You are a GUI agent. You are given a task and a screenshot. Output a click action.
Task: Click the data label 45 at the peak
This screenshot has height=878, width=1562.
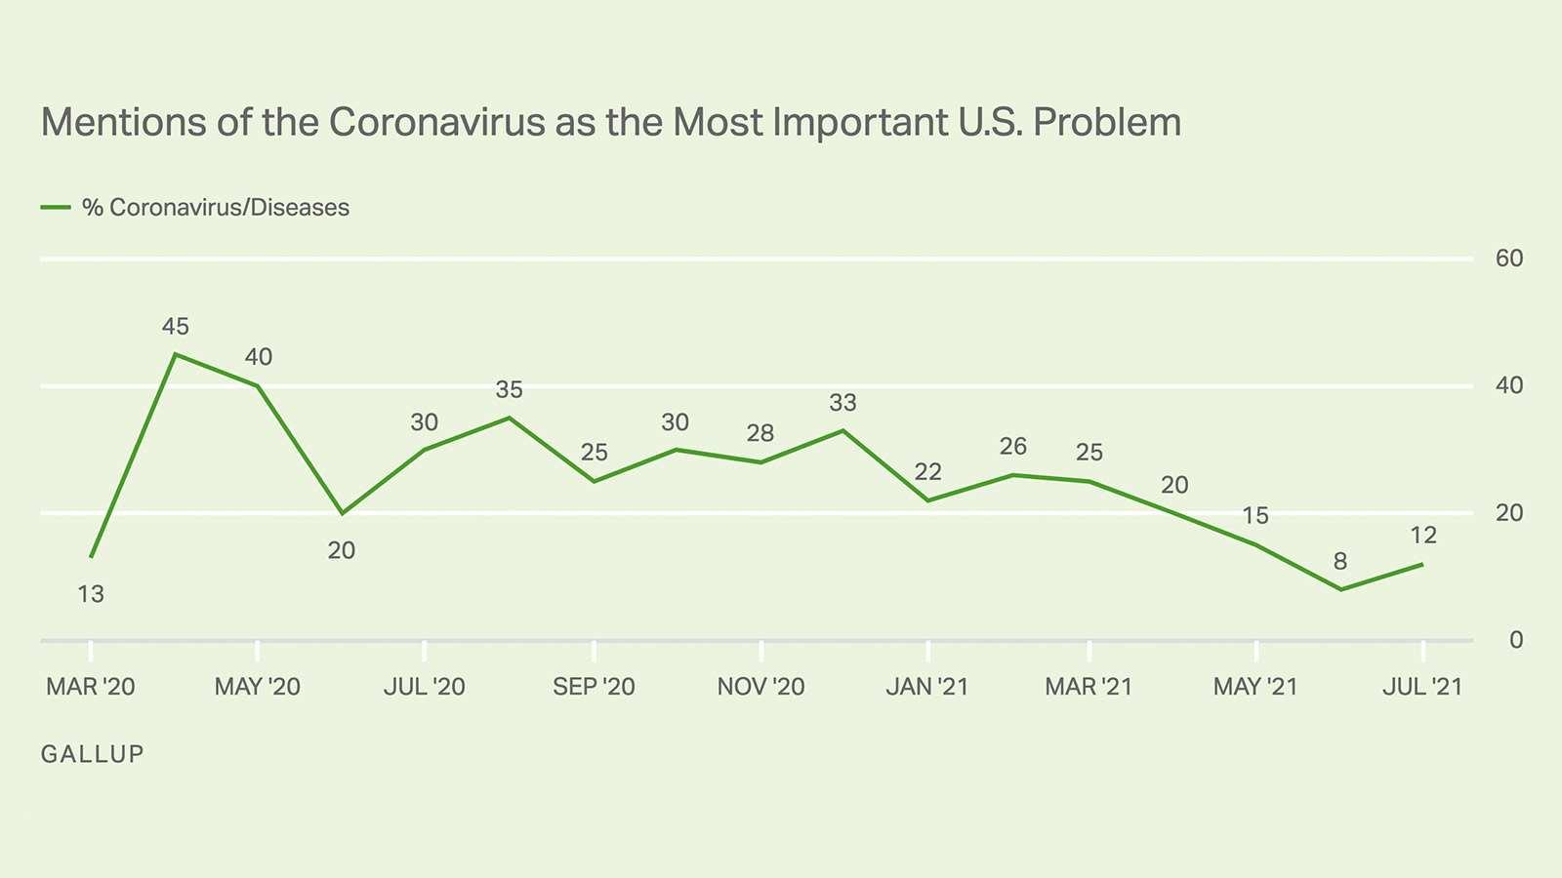(176, 327)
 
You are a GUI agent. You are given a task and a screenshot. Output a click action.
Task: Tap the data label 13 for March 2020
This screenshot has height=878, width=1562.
(91, 594)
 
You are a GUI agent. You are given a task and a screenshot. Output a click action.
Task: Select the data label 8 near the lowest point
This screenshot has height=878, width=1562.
(1340, 562)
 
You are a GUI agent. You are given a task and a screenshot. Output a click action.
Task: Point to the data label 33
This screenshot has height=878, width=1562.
(843, 403)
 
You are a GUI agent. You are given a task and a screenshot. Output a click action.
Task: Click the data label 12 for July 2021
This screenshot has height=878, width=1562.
(1423, 536)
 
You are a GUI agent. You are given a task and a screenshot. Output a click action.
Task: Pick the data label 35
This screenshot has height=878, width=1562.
(509, 390)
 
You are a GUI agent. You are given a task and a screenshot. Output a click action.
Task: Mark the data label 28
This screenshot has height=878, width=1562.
(760, 433)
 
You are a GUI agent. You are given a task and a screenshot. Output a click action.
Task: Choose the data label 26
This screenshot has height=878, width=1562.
(1013, 447)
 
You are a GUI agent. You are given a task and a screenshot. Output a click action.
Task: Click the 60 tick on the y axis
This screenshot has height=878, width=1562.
(1508, 259)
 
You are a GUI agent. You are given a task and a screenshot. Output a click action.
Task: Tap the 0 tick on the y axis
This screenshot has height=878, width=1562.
(1515, 640)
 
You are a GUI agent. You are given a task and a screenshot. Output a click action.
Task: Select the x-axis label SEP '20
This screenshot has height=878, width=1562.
(594, 687)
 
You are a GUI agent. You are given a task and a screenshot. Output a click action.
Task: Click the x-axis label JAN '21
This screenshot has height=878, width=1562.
(926, 687)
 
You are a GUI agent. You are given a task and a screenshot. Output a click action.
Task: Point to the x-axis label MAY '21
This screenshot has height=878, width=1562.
(1255, 687)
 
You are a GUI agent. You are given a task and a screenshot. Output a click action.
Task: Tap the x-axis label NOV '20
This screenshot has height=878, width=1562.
(760, 687)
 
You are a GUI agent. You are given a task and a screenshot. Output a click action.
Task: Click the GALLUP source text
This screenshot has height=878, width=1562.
(93, 754)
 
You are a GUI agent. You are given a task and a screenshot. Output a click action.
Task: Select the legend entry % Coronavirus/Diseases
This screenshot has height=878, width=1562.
(215, 208)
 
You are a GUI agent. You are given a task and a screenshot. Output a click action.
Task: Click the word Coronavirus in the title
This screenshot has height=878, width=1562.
(436, 123)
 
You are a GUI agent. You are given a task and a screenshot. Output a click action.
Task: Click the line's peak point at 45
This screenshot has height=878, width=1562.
(175, 354)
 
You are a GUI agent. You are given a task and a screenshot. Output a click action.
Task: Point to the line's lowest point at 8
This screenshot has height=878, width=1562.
(1340, 589)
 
